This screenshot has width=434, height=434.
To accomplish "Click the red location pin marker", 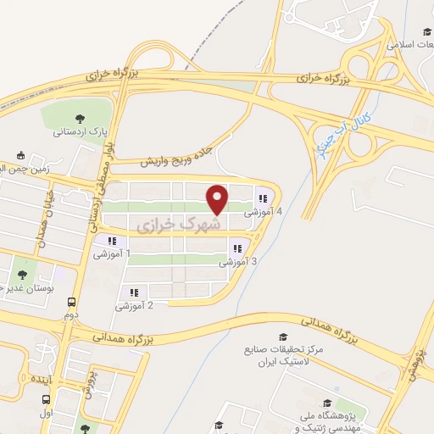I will (218, 199).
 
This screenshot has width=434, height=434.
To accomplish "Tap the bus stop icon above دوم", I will (71, 301).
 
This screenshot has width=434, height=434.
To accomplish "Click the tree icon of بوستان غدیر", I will (21, 275).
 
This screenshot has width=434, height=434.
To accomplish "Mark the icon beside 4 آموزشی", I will (273, 199).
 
